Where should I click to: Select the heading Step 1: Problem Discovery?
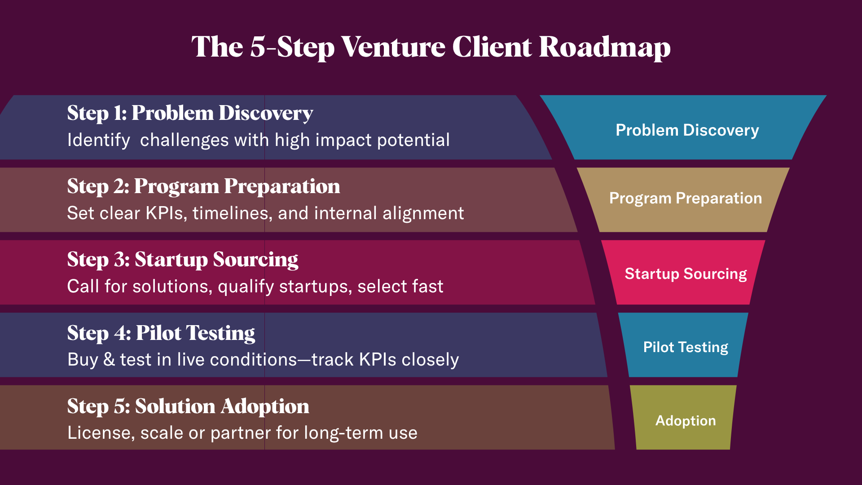[x=190, y=113]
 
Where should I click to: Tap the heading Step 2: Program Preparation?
[x=203, y=186]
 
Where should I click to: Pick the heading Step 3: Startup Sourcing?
[x=183, y=260]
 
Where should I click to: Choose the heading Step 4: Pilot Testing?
[x=161, y=333]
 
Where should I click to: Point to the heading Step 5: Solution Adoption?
[x=188, y=406]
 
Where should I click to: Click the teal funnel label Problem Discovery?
[x=687, y=130]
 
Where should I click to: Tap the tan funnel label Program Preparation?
[x=685, y=198]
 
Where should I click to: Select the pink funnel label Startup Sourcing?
[x=686, y=274]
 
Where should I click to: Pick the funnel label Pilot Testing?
[x=686, y=347]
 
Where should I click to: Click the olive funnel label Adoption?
[x=686, y=421]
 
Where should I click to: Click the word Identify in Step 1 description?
[x=98, y=140]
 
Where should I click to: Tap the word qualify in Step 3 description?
[x=246, y=287]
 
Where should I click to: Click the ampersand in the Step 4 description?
[x=109, y=360]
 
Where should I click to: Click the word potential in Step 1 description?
[x=413, y=140]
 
